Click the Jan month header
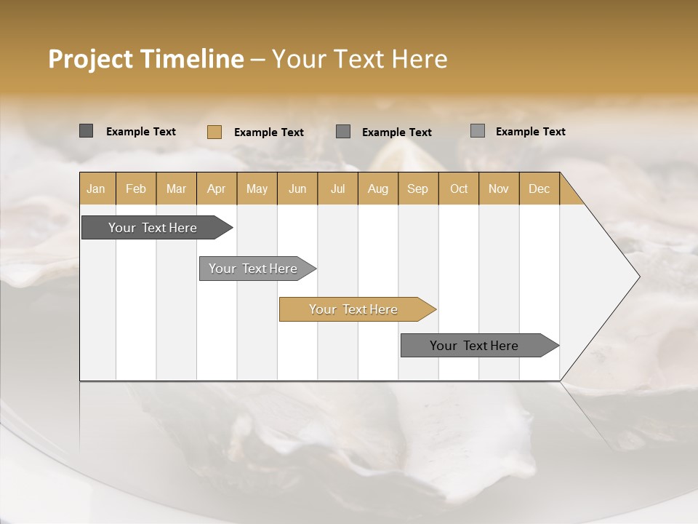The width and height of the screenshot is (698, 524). point(96,188)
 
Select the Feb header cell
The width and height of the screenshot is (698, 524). point(136,188)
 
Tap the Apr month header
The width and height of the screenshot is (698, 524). point(216,188)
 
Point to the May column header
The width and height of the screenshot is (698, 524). point(257,188)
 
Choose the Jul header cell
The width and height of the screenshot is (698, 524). point(337,188)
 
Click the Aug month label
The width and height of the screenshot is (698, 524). point(377,188)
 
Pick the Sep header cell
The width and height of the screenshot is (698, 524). point(417,188)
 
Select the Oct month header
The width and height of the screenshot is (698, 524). point(458,188)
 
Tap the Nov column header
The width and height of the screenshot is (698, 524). point(498,188)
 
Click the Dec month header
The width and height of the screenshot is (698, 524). point(539,188)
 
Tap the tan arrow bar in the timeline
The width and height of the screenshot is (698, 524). point(354,309)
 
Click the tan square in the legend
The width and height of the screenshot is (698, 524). point(214,132)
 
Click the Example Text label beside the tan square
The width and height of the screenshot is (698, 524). point(268,132)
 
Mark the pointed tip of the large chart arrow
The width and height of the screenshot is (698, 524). point(638,277)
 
